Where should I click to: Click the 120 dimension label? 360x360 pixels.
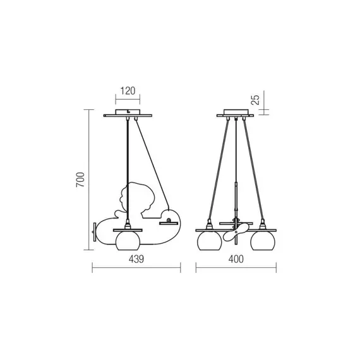(x=128, y=91)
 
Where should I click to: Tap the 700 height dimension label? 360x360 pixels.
(x=81, y=180)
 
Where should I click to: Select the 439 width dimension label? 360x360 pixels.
(x=136, y=259)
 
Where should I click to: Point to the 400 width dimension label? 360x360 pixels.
(x=236, y=259)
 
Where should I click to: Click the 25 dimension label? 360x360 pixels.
(x=255, y=100)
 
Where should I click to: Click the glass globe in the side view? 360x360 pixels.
(x=128, y=241)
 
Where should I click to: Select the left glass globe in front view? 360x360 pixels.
(x=209, y=241)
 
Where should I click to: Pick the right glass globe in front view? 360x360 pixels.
(x=263, y=241)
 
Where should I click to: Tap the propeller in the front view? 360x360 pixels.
(x=236, y=232)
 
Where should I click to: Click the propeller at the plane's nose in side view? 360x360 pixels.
(x=94, y=232)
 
